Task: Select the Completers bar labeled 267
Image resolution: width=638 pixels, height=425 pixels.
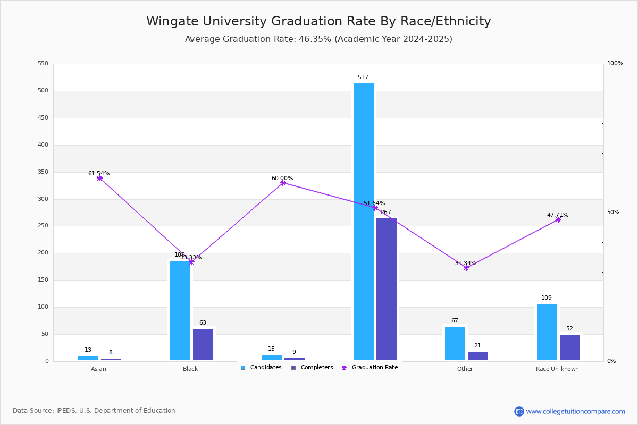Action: pyautogui.click(x=387, y=289)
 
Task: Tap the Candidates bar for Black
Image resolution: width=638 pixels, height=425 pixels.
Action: pyautogui.click(x=180, y=310)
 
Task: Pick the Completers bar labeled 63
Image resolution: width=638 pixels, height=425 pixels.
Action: pyautogui.click(x=203, y=344)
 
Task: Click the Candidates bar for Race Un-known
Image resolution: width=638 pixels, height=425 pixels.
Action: pyautogui.click(x=547, y=332)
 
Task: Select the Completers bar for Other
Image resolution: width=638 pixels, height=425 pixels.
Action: pyautogui.click(x=478, y=356)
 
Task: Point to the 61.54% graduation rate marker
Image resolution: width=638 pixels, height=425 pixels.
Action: pyautogui.click(x=99, y=178)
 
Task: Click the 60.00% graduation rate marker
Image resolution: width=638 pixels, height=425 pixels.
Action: pyautogui.click(x=283, y=183)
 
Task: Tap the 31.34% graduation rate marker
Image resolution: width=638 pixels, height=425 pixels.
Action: pyautogui.click(x=466, y=268)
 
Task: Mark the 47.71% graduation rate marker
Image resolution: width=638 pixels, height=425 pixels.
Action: pyautogui.click(x=558, y=219)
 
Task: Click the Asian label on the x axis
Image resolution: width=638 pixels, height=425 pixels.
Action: pyautogui.click(x=98, y=369)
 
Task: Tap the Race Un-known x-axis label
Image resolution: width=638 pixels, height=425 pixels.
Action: pyautogui.click(x=557, y=369)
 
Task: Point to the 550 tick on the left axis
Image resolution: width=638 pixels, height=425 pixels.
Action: pyautogui.click(x=43, y=64)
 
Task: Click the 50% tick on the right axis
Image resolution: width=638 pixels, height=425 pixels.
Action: pyautogui.click(x=613, y=212)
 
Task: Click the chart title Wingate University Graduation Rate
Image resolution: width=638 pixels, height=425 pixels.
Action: pyautogui.click(x=318, y=21)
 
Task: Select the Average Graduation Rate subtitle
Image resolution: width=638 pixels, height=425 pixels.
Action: pyautogui.click(x=318, y=39)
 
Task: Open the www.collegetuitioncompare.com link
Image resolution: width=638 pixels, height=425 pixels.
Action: pyautogui.click(x=575, y=411)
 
